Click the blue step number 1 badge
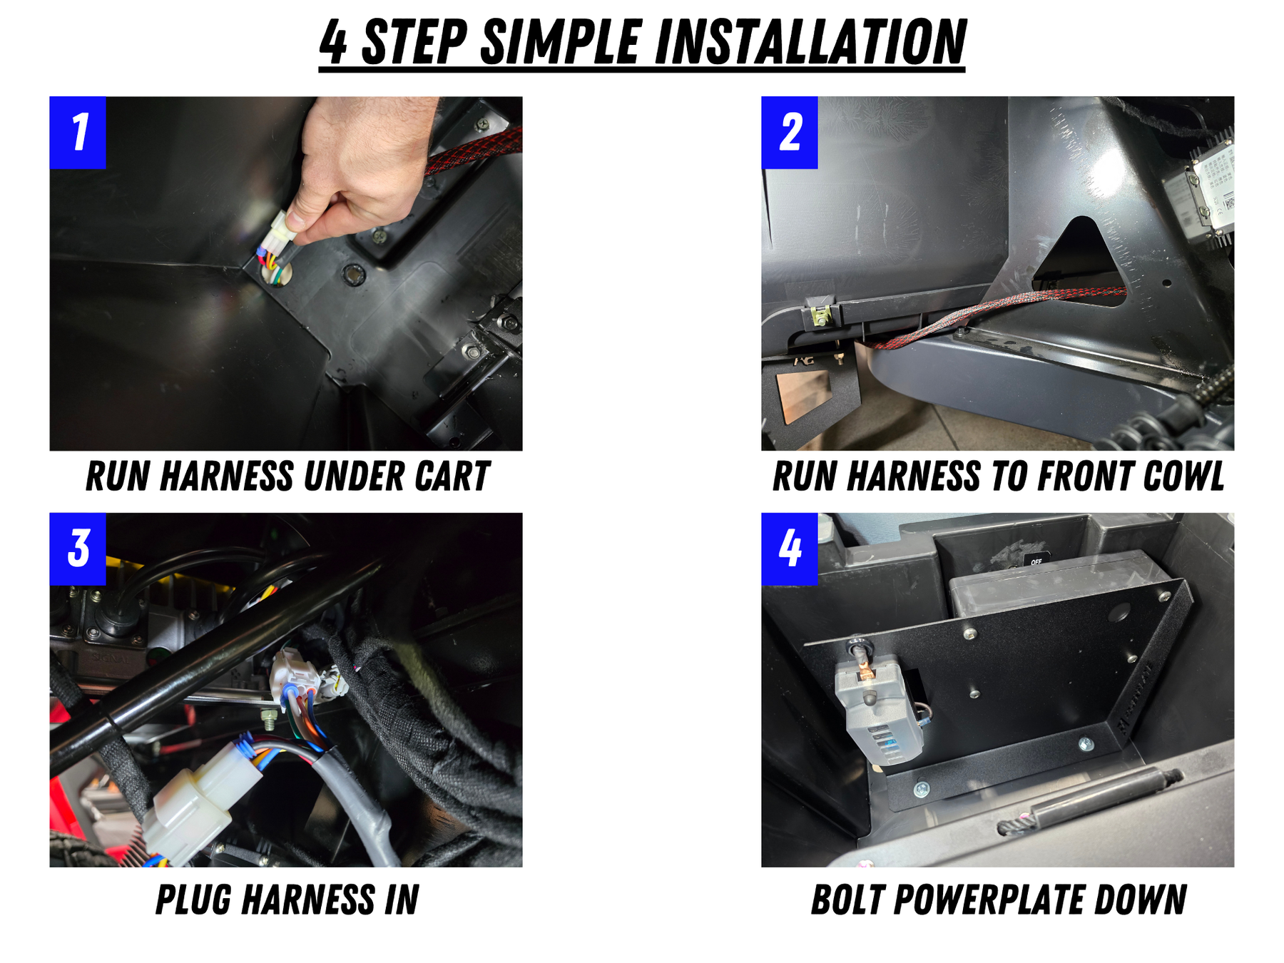pyautogui.click(x=78, y=133)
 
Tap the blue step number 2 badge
pyautogui.click(x=790, y=133)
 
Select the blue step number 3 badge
pyautogui.click(x=78, y=549)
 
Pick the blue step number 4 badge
pyautogui.click(x=790, y=549)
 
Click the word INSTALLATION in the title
pyautogui.click(x=810, y=42)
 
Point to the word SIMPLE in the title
pyautogui.click(x=561, y=42)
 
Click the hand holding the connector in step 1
pyautogui.click(x=360, y=168)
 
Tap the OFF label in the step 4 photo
pyautogui.click(x=1036, y=561)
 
